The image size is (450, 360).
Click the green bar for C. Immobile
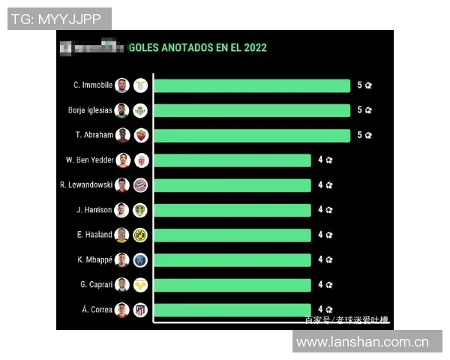tap(251, 85)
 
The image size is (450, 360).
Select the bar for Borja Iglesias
tap(251, 110)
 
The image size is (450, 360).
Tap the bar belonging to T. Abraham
tap(251, 135)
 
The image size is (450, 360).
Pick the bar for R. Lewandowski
tap(232, 184)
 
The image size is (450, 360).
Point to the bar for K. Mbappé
tap(232, 259)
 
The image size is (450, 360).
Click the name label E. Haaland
tap(94, 235)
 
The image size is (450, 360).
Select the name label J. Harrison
tap(94, 210)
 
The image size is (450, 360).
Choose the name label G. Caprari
tap(95, 285)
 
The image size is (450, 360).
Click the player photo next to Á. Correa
tap(122, 310)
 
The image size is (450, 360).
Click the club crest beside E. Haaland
tap(140, 235)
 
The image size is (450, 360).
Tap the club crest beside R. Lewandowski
tap(140, 184)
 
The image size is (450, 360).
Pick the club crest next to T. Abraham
tap(140, 135)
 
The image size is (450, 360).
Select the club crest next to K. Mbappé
tap(140, 259)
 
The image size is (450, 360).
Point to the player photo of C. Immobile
tap(122, 85)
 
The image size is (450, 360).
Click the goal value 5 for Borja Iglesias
tap(359, 110)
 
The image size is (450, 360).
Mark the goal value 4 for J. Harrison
tap(320, 210)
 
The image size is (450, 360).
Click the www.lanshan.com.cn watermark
tap(362, 342)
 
